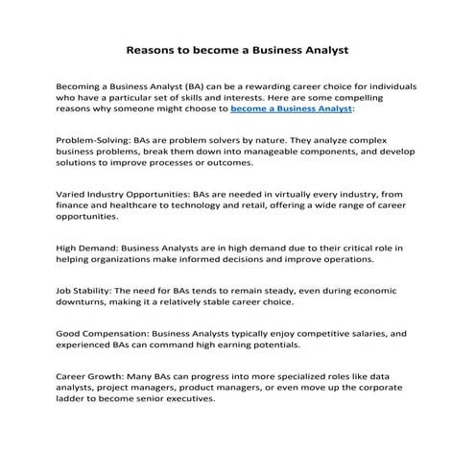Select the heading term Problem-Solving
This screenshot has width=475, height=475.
click(x=95, y=139)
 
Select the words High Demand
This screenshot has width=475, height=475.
click(x=86, y=249)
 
